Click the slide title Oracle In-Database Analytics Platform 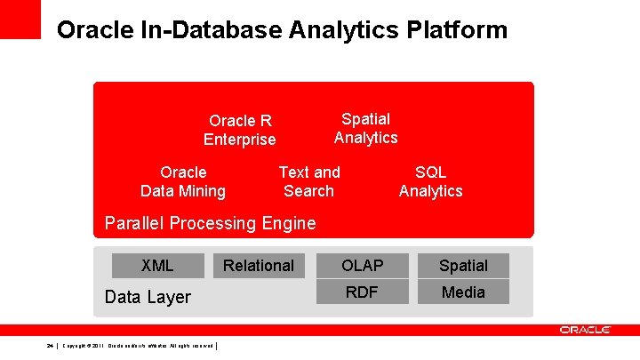282,30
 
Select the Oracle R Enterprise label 240,130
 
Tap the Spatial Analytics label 366,128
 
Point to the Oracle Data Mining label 183,181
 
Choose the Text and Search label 309,181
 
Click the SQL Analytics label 431,181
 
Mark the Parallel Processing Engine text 210,223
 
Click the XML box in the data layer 157,265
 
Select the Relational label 259,265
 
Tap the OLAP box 362,265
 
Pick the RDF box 362,292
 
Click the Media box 463,292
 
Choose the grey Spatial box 463,265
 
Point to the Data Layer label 148,297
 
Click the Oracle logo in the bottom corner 585,330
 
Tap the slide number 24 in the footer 51,345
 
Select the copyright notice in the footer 137,345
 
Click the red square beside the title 20,19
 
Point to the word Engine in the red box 289,223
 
